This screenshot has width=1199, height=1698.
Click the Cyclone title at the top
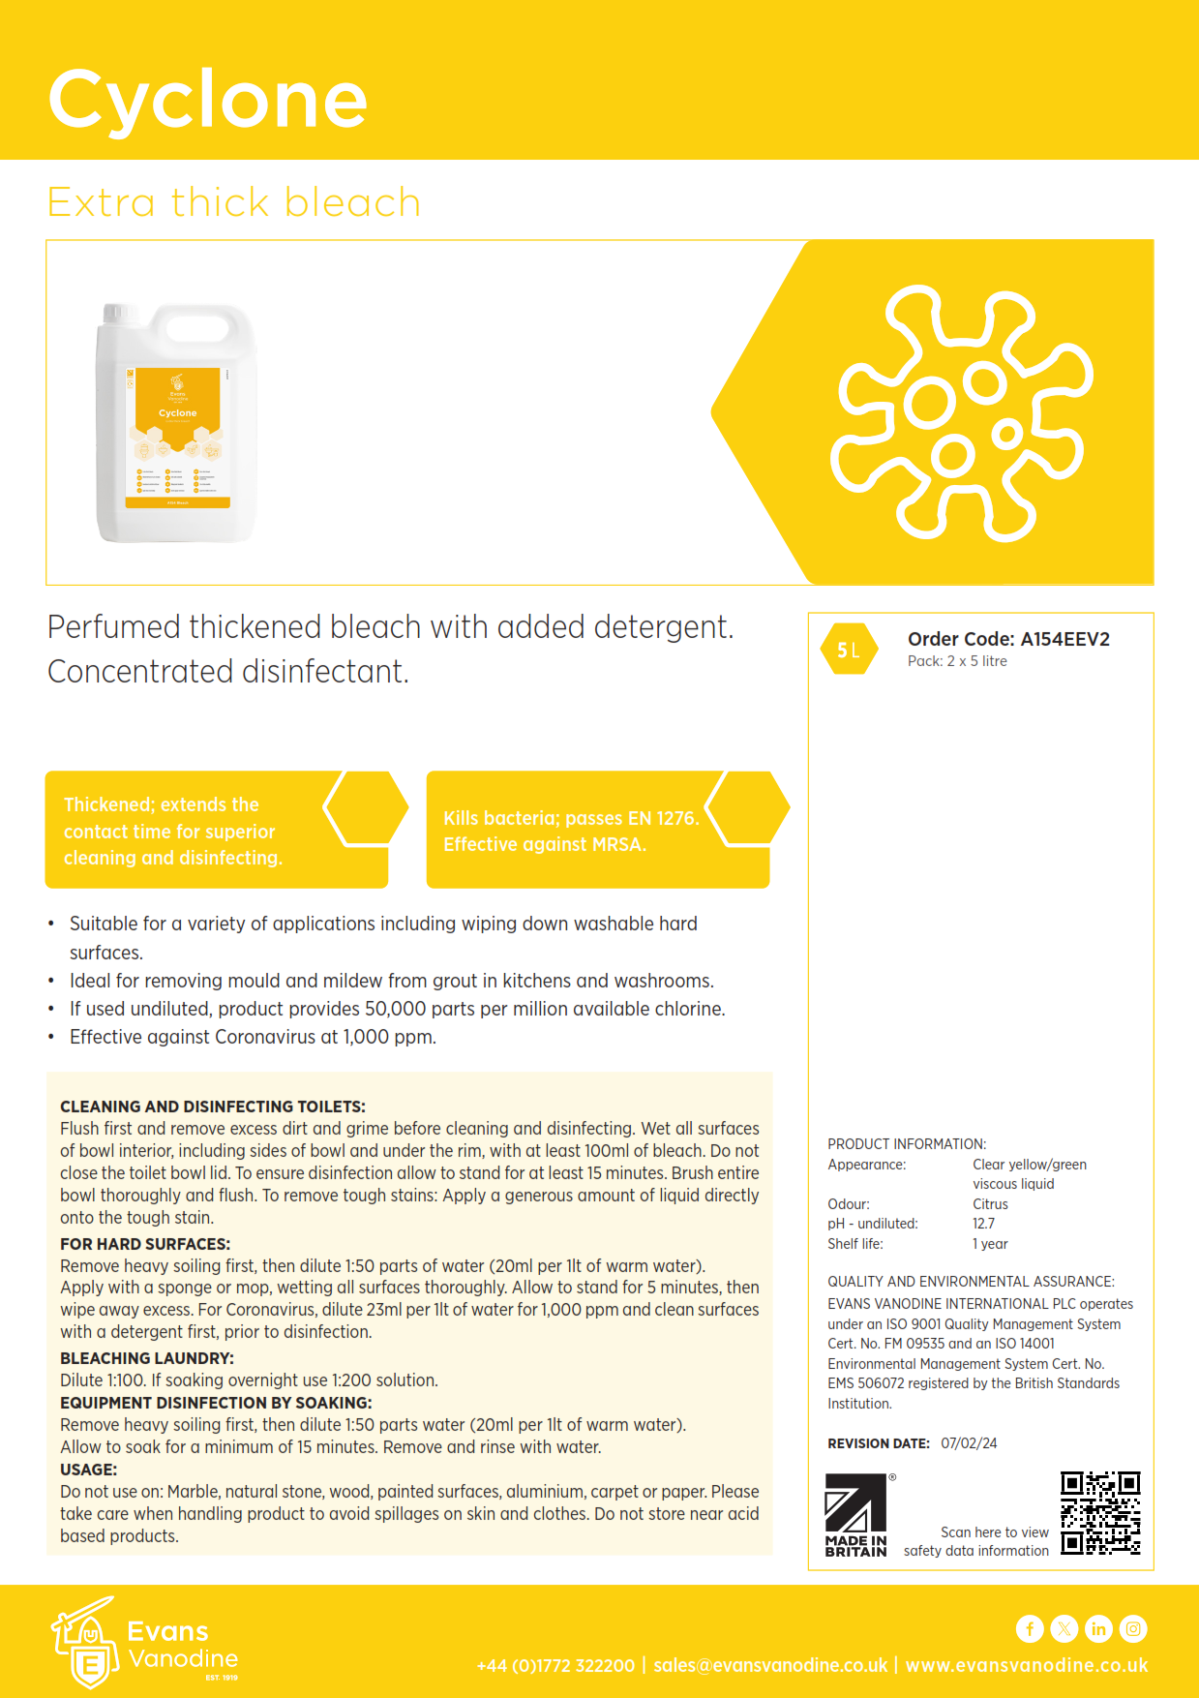coord(207,99)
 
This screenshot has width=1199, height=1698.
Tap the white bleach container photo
coord(176,423)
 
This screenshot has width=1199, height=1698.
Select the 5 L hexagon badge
coord(849,651)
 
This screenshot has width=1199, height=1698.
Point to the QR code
coord(1100,1513)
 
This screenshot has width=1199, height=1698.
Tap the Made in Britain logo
coord(855,1515)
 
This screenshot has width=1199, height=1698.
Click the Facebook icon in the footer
coord(1030,1629)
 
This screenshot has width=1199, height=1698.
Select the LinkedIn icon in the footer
coord(1098,1629)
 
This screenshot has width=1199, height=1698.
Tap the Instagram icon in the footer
coord(1133,1629)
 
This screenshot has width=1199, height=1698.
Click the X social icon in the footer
coord(1064,1629)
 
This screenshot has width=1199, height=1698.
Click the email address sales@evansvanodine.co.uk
coord(770,1665)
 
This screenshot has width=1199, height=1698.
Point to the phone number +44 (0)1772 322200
coord(555,1665)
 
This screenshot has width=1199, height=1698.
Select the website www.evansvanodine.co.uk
coord(1027,1665)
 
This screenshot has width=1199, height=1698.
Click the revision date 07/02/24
coord(969,1443)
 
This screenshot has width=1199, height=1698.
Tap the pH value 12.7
coord(983,1224)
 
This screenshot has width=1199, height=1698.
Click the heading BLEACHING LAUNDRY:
coord(147,1358)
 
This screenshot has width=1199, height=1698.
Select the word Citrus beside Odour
coord(990,1204)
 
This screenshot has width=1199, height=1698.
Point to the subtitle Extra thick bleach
coord(234,202)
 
